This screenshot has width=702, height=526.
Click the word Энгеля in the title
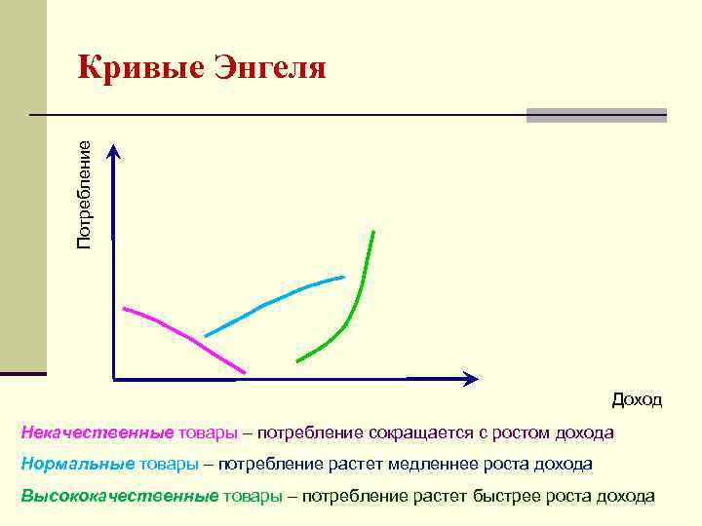point(264,67)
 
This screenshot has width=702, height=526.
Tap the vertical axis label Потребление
point(85,193)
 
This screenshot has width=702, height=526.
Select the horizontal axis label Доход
point(637,399)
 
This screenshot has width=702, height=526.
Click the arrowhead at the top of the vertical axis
point(114,150)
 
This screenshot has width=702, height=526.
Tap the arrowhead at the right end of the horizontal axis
point(472,378)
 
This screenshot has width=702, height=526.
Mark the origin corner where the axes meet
point(114,377)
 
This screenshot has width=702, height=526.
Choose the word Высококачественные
point(120,496)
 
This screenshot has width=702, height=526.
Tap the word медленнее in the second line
point(429,464)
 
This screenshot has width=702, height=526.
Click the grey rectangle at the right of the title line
point(596,115)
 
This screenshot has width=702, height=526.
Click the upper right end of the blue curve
point(344,278)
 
